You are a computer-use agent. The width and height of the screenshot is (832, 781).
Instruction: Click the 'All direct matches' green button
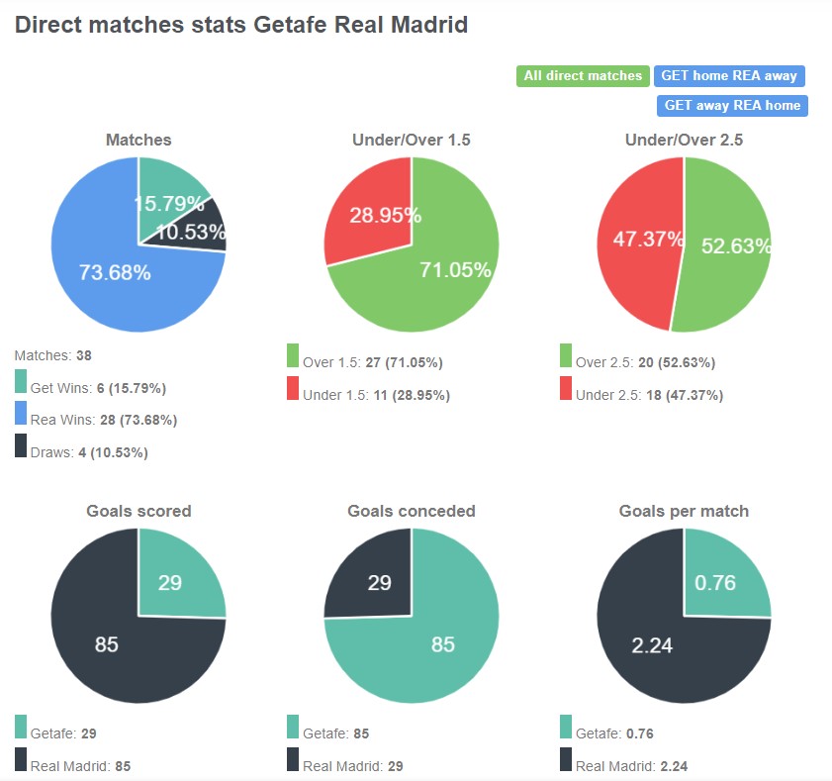click(x=583, y=76)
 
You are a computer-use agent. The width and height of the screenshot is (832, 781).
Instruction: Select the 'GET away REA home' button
click(x=732, y=105)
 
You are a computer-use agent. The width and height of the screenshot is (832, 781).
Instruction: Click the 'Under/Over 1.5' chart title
click(x=412, y=141)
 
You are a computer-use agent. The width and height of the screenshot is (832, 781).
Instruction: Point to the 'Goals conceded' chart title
click(x=412, y=512)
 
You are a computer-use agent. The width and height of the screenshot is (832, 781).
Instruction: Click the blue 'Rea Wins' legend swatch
click(x=21, y=415)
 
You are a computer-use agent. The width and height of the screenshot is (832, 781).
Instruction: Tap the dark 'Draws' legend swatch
click(x=21, y=446)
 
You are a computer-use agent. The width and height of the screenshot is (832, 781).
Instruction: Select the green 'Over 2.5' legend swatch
click(x=566, y=356)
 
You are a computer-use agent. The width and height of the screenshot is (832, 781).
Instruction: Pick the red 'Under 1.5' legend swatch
click(x=293, y=389)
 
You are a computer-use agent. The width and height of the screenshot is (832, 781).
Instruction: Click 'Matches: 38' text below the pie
click(x=53, y=354)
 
